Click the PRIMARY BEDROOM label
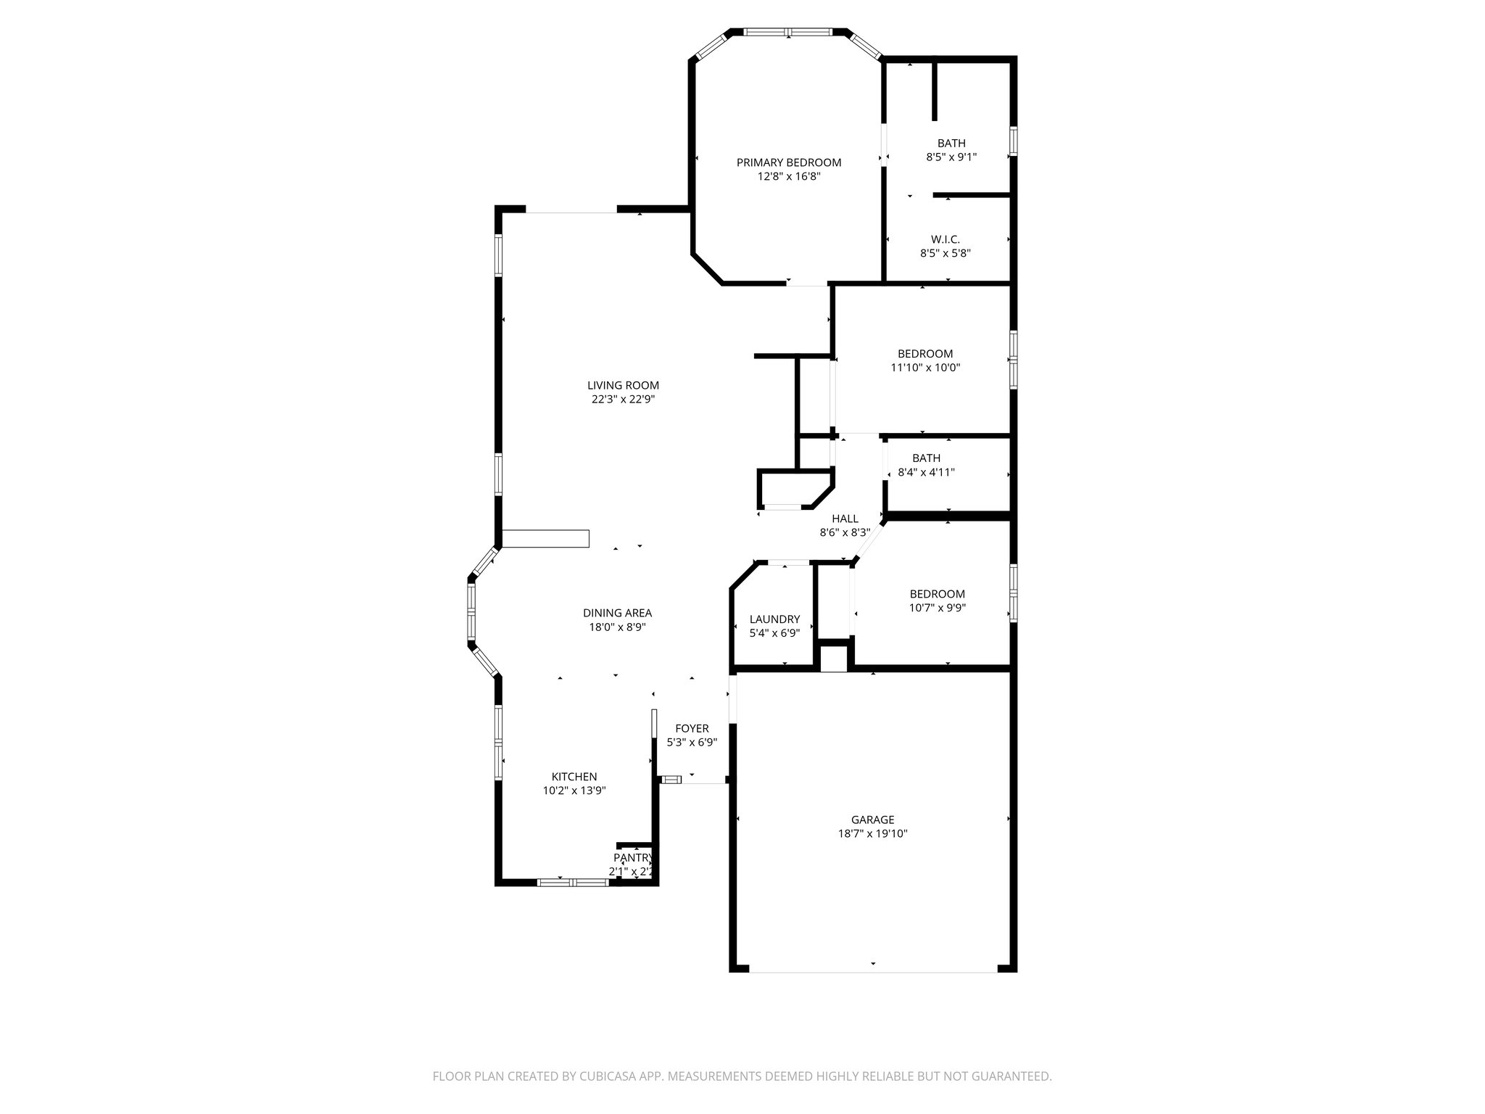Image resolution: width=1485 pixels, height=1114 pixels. [x=789, y=162]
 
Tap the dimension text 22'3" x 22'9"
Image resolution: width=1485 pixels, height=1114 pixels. [x=623, y=399]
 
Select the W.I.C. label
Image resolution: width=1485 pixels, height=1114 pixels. [x=946, y=239]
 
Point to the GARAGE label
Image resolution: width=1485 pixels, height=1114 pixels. [x=872, y=820]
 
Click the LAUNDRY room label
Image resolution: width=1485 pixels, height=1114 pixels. [x=774, y=619]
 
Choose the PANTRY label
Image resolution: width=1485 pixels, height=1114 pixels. [x=632, y=858]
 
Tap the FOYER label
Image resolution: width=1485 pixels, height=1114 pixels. [x=692, y=728]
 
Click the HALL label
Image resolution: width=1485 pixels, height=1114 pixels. [x=845, y=519]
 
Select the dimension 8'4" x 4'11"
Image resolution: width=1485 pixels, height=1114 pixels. [x=926, y=472]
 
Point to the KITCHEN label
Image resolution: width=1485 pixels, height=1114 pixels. [x=574, y=777]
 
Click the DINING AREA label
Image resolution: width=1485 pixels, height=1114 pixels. [x=617, y=613]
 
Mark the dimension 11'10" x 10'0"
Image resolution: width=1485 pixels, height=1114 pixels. [x=925, y=368]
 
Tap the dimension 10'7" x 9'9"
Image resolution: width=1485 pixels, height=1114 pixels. [x=938, y=608]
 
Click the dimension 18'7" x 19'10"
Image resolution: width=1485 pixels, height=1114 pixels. [x=872, y=834]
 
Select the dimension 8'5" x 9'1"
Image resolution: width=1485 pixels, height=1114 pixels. [x=951, y=157]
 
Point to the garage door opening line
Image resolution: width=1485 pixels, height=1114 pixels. [x=873, y=971]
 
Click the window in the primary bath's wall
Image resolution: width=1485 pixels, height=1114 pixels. [x=1013, y=141]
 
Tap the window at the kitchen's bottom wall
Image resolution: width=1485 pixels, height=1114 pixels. [x=573, y=883]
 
